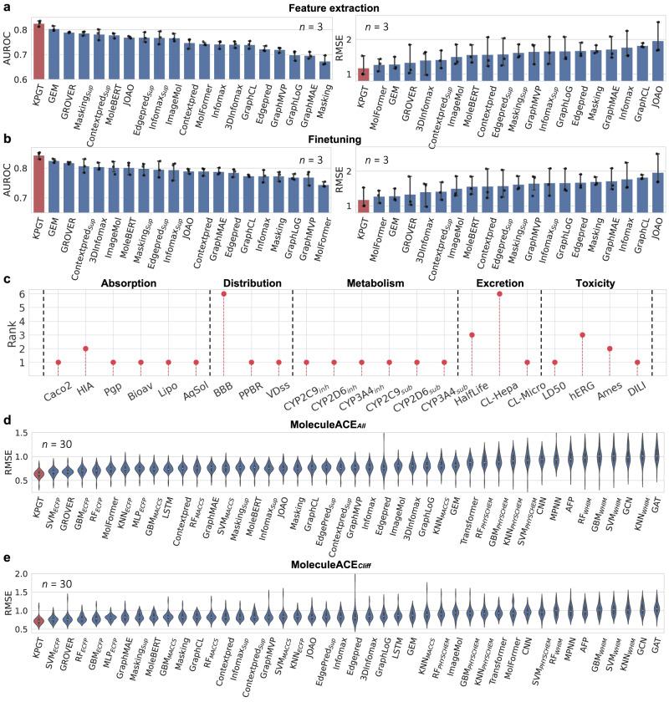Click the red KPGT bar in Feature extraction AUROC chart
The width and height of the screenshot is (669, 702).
38,52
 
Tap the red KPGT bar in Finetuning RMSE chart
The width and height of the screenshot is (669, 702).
364,206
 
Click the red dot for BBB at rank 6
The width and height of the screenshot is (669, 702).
223,294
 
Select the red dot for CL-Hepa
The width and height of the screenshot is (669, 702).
499,294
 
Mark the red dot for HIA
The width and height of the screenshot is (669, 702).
85,348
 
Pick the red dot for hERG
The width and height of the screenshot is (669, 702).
582,335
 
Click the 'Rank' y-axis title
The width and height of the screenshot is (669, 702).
12,330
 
